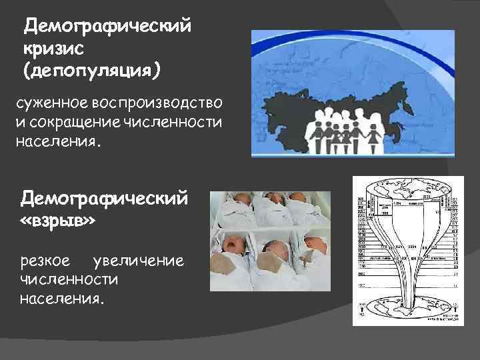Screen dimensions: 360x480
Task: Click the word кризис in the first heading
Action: tap(52, 48)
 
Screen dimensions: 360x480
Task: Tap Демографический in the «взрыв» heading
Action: tap(105, 197)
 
